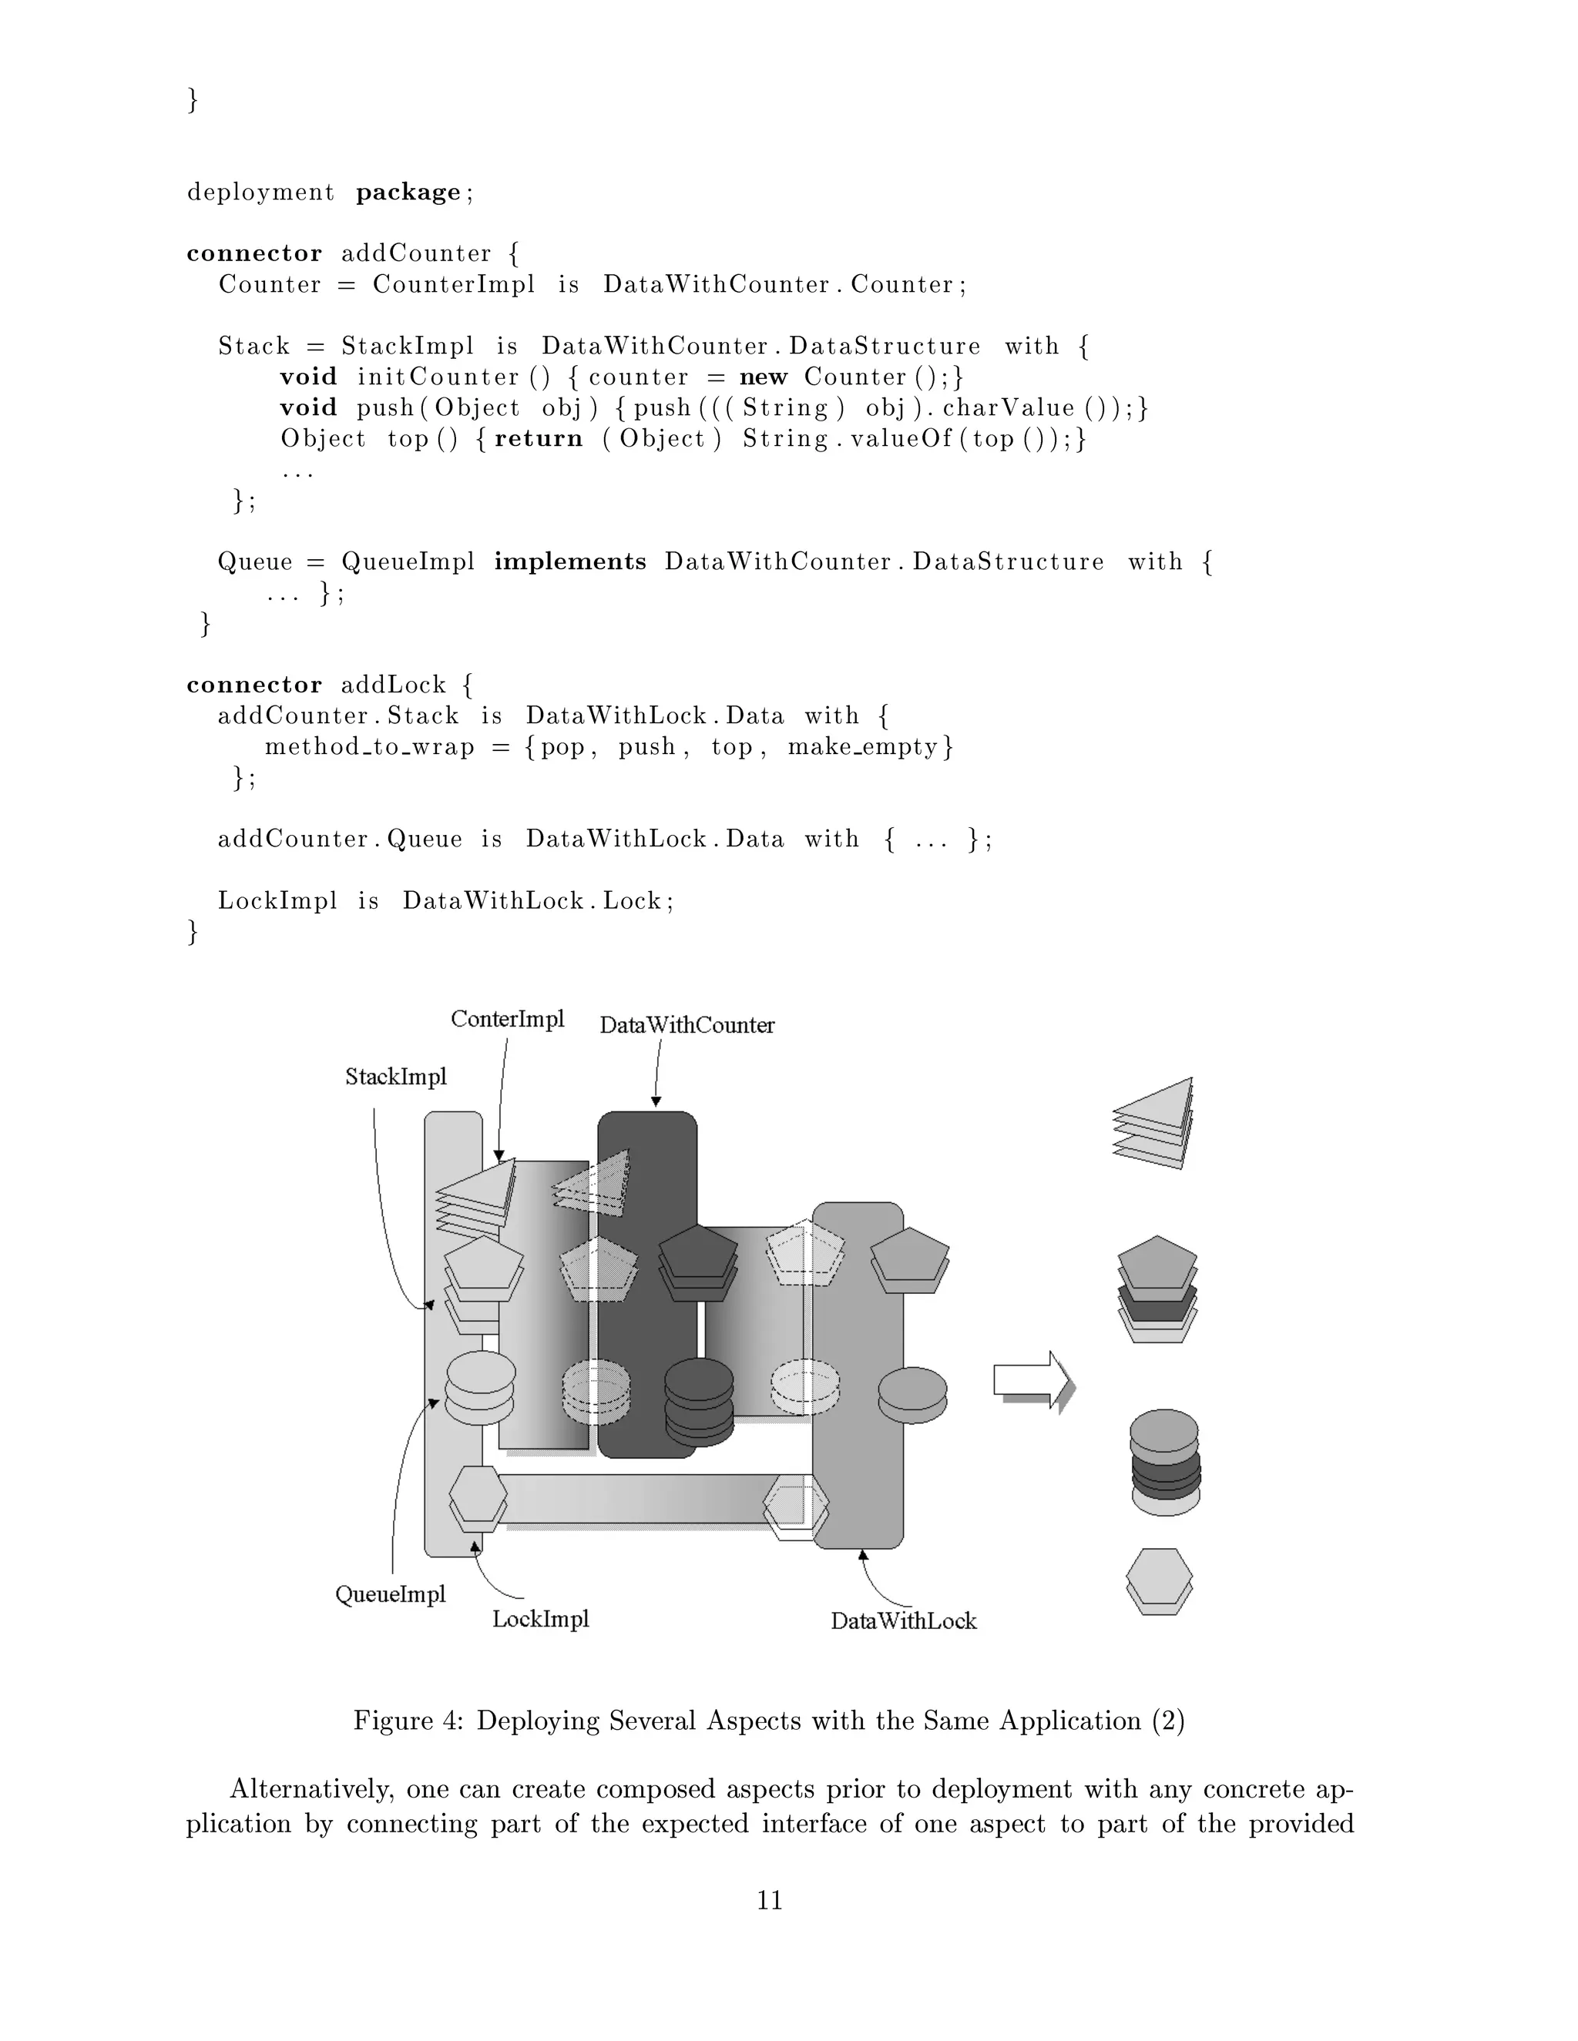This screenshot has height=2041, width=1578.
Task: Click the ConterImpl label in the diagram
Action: click(508, 1019)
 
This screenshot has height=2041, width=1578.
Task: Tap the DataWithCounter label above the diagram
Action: click(687, 1025)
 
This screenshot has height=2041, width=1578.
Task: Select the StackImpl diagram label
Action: click(395, 1077)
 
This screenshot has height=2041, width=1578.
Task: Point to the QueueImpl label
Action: click(390, 1594)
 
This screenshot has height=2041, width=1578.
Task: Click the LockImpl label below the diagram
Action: click(540, 1619)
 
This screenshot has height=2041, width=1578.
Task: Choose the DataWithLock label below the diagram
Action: click(903, 1621)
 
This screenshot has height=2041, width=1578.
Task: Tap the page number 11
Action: click(770, 1900)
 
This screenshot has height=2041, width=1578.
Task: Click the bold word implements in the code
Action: click(570, 561)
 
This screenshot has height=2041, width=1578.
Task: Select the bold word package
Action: click(408, 193)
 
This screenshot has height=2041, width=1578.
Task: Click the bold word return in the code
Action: click(539, 439)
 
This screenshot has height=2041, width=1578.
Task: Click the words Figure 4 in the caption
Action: click(408, 1721)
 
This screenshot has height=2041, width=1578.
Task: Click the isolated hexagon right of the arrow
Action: click(1159, 1580)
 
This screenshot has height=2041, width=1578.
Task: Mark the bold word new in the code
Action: click(763, 377)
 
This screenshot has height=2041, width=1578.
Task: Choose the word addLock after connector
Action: click(394, 685)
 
